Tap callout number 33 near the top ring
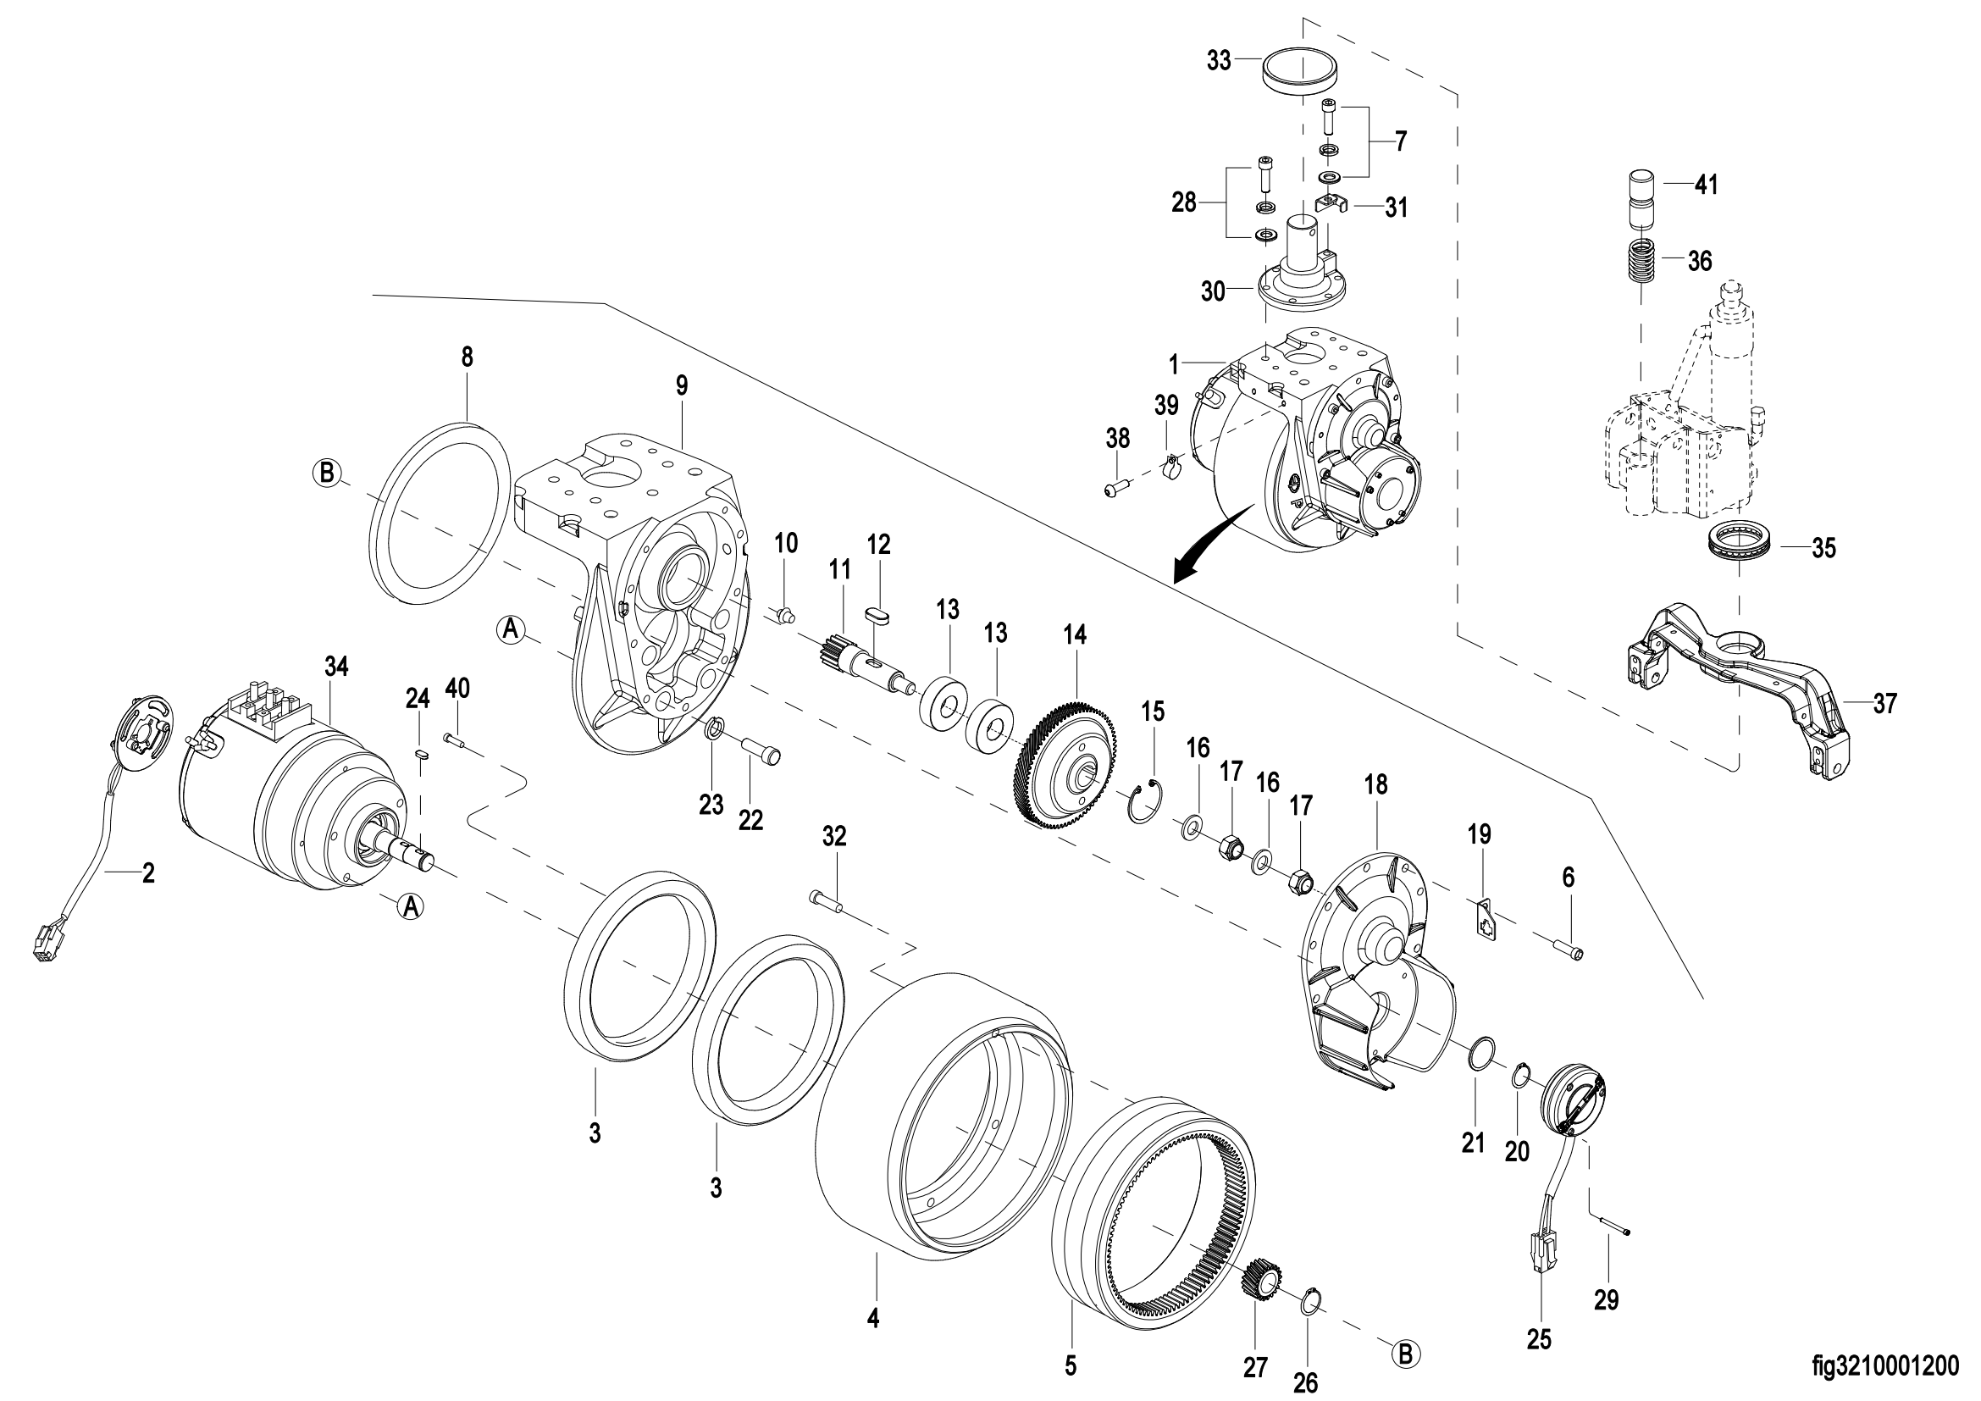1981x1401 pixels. tap(1218, 62)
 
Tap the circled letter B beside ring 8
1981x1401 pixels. tap(327, 473)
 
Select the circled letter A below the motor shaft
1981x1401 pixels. tap(412, 906)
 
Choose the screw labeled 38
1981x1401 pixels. tap(1115, 490)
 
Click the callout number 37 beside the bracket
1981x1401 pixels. tap(1886, 704)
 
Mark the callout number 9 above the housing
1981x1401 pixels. tap(683, 386)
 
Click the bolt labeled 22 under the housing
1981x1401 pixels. tap(762, 749)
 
